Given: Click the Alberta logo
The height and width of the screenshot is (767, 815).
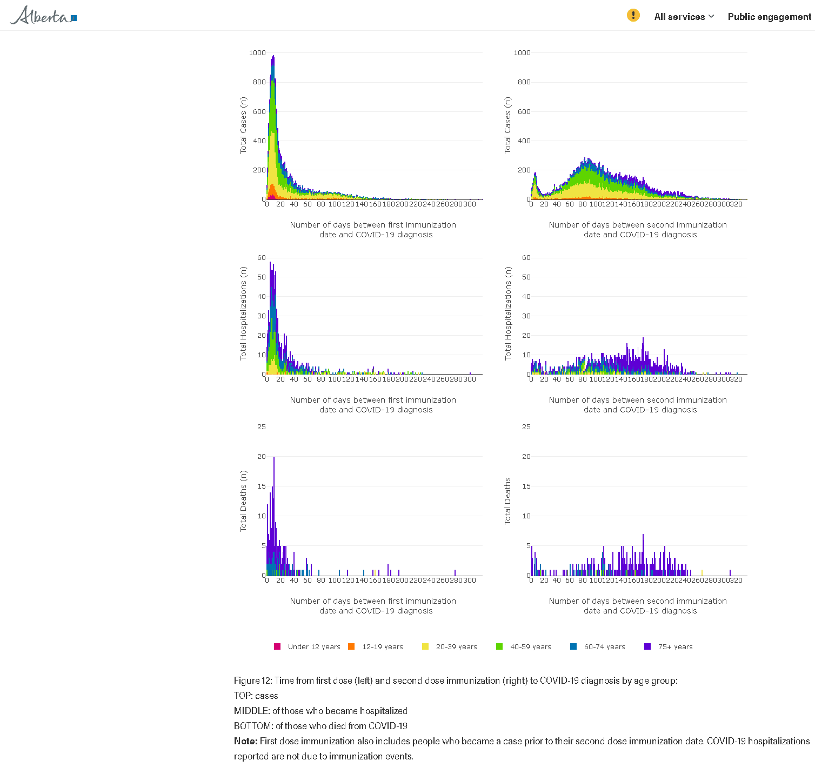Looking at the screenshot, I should point(43,16).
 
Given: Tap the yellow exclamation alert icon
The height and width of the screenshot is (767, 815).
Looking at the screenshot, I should point(633,15).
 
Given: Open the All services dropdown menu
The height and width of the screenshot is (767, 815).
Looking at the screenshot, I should point(684,17).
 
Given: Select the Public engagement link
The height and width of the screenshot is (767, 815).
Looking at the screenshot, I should point(769,17).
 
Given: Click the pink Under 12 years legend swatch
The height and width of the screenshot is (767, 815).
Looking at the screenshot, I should point(277,646).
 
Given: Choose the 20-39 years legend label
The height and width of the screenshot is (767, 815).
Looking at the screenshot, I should point(456,646).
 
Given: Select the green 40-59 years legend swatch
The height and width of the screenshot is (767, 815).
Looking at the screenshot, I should point(499,646).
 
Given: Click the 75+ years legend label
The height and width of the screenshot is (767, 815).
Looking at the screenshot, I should point(675,646).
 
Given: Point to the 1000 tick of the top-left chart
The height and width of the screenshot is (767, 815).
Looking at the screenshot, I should point(257,53).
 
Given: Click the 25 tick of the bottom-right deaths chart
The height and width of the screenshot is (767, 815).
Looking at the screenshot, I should point(526,427).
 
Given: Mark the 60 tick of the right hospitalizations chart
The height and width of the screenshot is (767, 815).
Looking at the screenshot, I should point(526,258).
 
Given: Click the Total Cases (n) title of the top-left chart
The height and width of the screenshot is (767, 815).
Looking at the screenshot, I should point(243,125).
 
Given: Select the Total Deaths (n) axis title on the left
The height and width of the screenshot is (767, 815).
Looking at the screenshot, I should point(243,501).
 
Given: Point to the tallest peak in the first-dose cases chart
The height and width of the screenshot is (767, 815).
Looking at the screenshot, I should point(273,56).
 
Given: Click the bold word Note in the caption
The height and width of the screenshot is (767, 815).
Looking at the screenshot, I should point(245,741).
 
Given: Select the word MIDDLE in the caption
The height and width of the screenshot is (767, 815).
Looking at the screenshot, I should point(251,711).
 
